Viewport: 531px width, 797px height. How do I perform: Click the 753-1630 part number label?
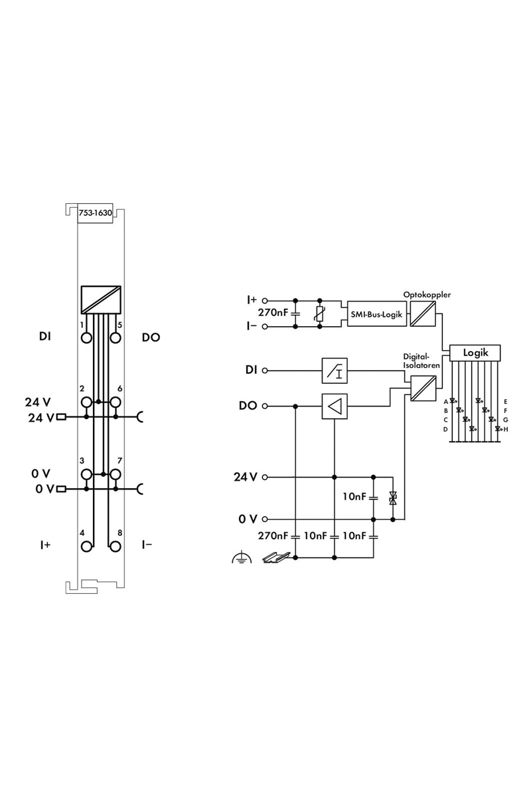pos(96,213)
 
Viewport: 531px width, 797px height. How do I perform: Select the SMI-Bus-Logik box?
pos(376,313)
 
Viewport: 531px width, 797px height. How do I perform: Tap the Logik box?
pos(475,353)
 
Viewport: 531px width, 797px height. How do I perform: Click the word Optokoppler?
pos(427,295)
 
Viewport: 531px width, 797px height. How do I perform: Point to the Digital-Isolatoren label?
pos(421,361)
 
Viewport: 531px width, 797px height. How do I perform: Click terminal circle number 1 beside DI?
pos(86,337)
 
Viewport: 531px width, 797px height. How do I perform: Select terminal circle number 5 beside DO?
pos(115,337)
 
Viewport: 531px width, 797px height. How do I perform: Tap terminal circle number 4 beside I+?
pos(86,546)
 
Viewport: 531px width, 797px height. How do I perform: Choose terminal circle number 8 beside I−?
pos(115,546)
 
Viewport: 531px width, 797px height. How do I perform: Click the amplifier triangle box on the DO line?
pos(335,406)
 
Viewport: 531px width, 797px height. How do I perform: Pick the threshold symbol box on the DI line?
pos(335,371)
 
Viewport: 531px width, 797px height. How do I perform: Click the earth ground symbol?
pos(242,557)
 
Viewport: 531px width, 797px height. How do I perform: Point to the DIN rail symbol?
pos(276,557)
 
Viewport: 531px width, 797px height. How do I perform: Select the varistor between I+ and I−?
pos(319,313)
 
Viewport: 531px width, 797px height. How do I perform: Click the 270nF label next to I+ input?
pos(273,312)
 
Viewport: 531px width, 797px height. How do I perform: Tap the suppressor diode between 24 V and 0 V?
pos(393,497)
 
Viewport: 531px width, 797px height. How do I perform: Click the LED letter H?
pos(506,430)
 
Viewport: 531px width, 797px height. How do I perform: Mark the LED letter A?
pos(445,402)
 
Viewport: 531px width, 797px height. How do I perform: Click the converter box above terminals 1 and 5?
pos(101,300)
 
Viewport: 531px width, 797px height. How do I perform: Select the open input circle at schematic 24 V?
pos(264,477)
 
